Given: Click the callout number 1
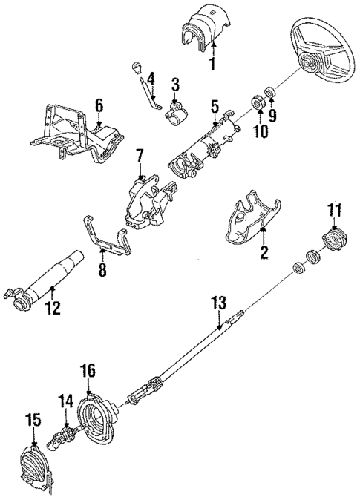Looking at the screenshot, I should pos(213,64).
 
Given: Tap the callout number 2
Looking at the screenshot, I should pos(262,254).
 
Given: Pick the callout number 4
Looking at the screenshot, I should pos(151,77).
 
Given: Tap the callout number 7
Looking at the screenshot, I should pos(139,156).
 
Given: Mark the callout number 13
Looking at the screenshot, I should pos(219,303).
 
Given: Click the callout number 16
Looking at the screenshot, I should pos(88,369).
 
